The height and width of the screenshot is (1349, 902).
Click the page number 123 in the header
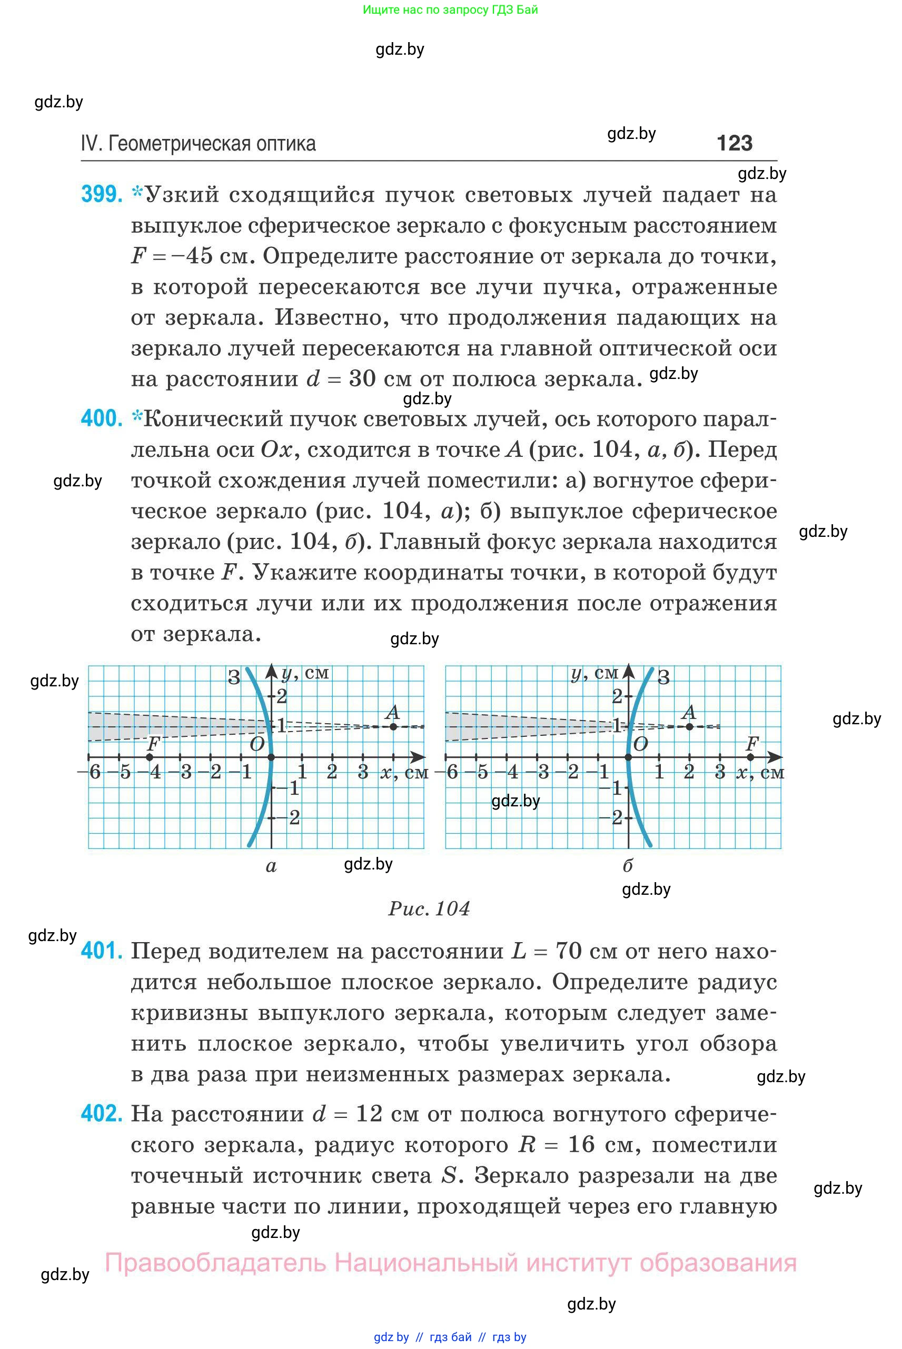coord(734,143)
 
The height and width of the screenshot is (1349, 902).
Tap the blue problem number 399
coord(102,195)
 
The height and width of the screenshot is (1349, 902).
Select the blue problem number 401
coord(102,951)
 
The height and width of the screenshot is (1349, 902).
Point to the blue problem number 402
coord(102,1114)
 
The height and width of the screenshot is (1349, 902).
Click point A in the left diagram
coord(393,726)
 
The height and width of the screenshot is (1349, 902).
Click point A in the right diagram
coord(689,726)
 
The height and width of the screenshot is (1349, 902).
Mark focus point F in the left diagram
coord(150,757)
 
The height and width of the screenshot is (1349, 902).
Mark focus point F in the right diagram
coord(750,757)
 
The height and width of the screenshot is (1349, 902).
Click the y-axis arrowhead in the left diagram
coord(272,670)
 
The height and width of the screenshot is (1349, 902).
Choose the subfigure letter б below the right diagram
coord(628,865)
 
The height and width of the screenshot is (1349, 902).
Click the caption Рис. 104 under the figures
coord(429,908)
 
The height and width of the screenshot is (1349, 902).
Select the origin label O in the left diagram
coord(257,744)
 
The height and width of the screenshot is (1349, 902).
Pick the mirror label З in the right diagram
coord(663,677)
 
